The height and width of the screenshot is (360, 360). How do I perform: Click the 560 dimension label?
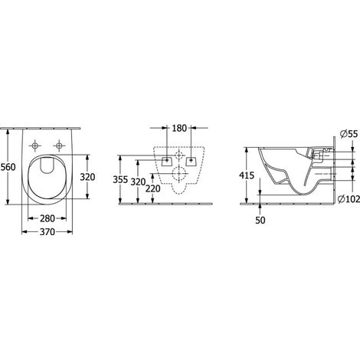tap(8, 167)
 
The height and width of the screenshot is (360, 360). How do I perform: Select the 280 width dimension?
tap(47, 218)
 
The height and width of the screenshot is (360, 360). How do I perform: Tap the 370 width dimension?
tap(47, 232)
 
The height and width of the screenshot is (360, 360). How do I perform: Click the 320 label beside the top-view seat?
tap(87, 177)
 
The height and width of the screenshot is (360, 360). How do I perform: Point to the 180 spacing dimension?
tap(179, 128)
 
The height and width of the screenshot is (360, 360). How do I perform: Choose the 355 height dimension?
tap(120, 180)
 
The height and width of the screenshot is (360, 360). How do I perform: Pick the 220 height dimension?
tap(153, 188)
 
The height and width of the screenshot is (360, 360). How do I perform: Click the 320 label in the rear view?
tap(138, 182)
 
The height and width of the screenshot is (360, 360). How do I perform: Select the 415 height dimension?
tap(247, 175)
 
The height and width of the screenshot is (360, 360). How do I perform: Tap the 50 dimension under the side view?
tap(260, 221)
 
